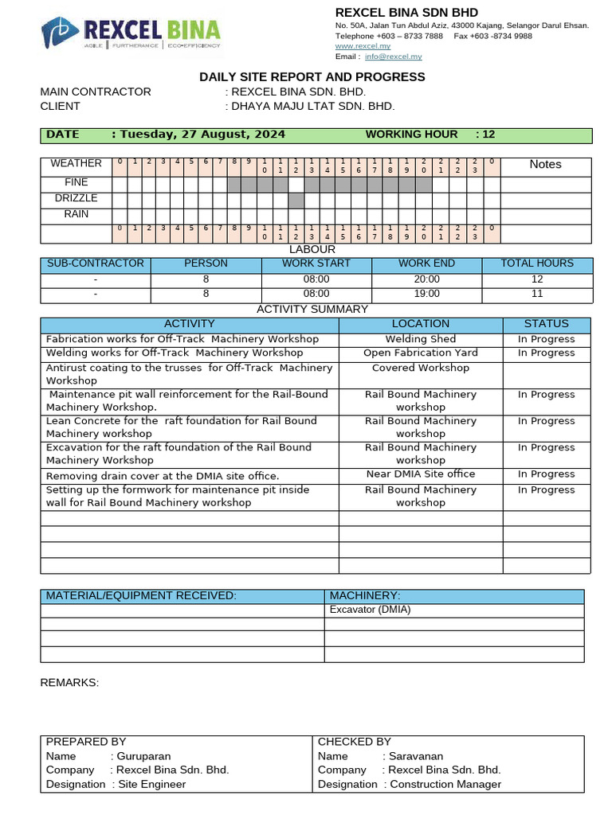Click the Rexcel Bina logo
[131, 33]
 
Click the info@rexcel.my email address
[394, 57]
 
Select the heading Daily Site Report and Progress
[312, 76]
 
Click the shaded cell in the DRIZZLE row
[296, 200]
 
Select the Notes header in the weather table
[545, 164]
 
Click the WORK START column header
[316, 263]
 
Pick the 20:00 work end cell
[426, 279]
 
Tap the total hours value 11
[536, 294]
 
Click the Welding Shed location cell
[420, 339]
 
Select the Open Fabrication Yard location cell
[420, 353]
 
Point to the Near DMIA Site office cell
[420, 474]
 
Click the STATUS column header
[546, 324]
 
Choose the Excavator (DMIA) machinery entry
[370, 610]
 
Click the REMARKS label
[69, 683]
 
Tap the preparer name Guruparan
[144, 756]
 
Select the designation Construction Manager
[445, 784]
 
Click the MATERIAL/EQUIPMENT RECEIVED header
[141, 596]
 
